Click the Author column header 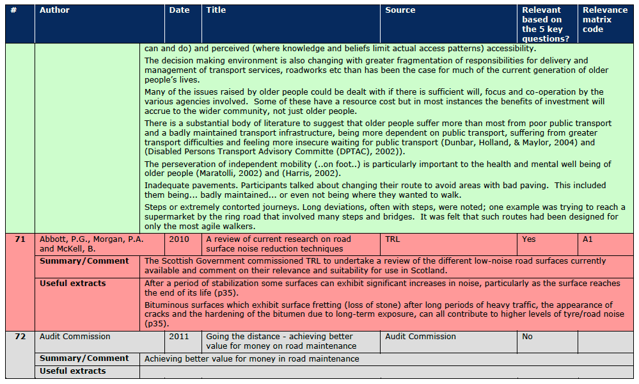tap(54, 10)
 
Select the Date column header tap(179, 10)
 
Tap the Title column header tap(216, 10)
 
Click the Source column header tap(400, 10)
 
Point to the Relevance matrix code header tap(604, 19)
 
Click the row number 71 tap(20, 239)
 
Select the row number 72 tap(20, 336)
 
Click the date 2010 tap(179, 239)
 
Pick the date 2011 tap(179, 336)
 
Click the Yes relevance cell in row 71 tap(529, 239)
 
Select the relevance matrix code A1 tap(588, 239)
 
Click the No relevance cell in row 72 tap(527, 336)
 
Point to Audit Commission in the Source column tap(420, 336)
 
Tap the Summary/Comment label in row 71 tap(84, 261)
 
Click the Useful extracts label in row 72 tap(72, 371)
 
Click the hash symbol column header tap(14, 10)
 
